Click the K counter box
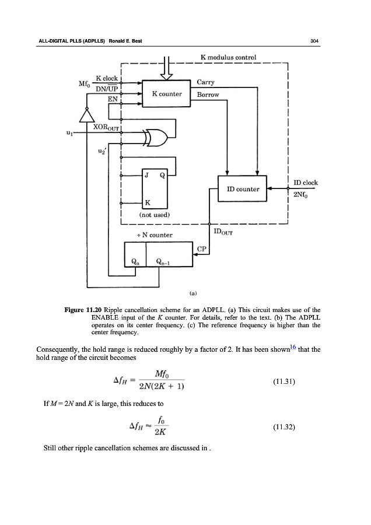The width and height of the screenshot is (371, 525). (x=167, y=93)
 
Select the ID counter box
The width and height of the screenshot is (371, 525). (x=242, y=188)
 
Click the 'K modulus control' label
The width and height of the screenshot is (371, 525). (x=228, y=58)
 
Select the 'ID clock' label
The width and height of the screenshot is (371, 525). (x=305, y=183)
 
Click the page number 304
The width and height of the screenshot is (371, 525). (x=316, y=40)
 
